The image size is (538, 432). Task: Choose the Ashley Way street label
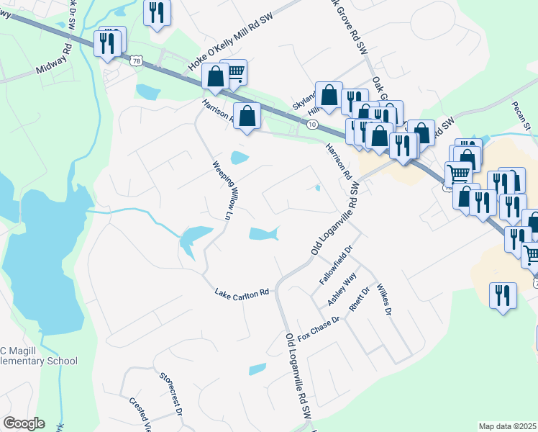pos(342,289)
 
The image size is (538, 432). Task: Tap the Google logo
pos(23,423)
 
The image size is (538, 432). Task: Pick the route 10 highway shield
pos(311,125)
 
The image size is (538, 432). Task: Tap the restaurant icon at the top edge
pos(156,12)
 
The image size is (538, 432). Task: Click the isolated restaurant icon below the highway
pos(501,295)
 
